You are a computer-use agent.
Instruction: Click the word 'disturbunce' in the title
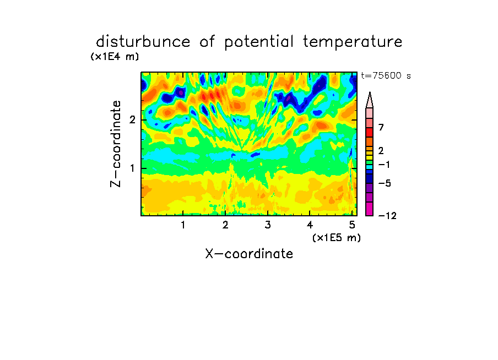143,42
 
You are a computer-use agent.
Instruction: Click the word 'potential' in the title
259,42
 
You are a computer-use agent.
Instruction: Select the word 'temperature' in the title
353,42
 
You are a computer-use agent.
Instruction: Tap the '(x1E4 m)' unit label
115,57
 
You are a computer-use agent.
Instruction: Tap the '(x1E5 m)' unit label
337,237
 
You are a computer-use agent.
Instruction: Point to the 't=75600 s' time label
386,75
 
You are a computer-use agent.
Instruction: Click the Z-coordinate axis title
115,144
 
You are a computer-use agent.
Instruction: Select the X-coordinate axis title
249,254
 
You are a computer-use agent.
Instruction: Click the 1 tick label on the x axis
183,225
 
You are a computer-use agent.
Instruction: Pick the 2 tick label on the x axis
225,225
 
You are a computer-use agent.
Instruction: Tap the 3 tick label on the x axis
268,225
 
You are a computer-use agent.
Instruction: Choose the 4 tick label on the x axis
310,225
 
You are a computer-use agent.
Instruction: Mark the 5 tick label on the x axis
352,225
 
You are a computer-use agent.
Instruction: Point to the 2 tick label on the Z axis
132,120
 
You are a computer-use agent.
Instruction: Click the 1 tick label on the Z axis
132,168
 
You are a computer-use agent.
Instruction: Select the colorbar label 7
381,127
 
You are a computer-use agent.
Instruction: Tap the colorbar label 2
381,150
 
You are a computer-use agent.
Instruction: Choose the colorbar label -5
385,183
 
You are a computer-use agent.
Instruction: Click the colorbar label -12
387,216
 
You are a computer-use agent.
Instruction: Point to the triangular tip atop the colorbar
370,92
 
